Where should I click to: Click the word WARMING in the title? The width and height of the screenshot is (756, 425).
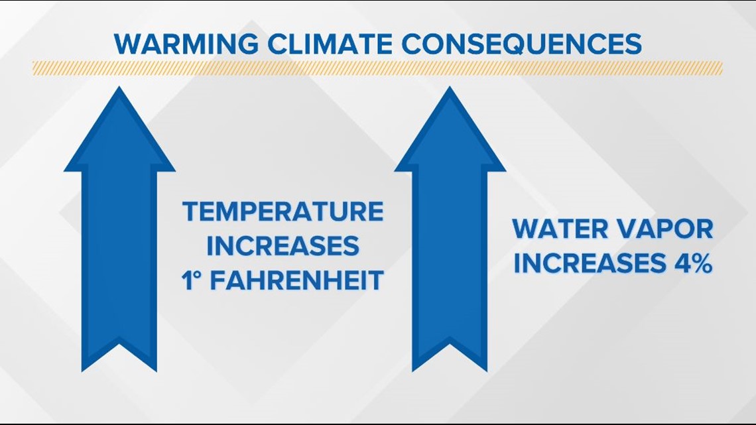click(186, 44)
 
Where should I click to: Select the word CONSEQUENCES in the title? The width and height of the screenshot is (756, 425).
click(521, 44)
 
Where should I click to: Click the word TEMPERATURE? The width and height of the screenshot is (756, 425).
click(283, 212)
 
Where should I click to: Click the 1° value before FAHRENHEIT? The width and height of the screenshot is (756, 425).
click(191, 280)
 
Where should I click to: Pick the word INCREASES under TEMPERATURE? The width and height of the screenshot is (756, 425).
click(283, 246)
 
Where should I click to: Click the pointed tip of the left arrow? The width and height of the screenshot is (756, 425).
click(119, 88)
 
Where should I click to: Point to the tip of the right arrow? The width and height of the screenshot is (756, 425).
click(450, 88)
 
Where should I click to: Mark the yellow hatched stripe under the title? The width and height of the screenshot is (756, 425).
click(377, 68)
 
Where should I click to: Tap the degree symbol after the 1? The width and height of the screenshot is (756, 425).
click(197, 274)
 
